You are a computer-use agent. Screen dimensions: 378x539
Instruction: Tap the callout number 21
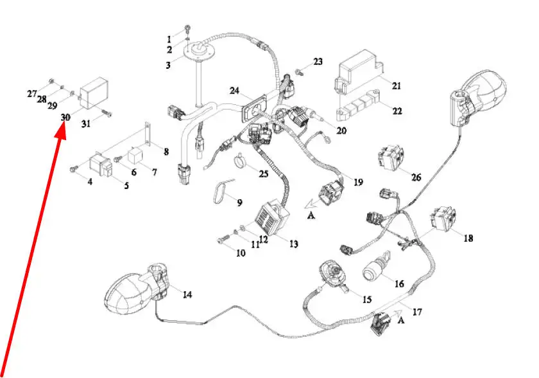click(396, 85)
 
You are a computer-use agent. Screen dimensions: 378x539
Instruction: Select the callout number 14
click(187, 295)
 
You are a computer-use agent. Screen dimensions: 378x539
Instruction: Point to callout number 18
click(468, 238)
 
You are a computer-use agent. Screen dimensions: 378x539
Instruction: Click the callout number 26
click(416, 177)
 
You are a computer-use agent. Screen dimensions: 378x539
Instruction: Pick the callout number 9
click(239, 203)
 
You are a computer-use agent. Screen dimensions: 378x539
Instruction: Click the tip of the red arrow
click(63, 130)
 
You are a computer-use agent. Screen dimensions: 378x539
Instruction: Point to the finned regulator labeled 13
click(271, 216)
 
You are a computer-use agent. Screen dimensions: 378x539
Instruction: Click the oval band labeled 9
click(221, 191)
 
